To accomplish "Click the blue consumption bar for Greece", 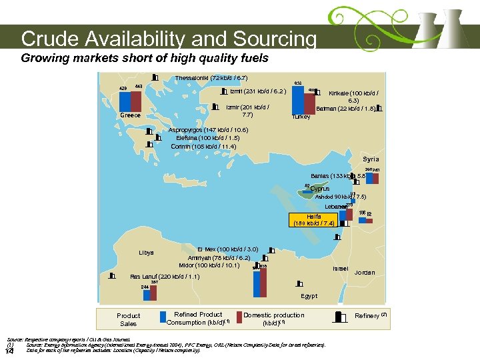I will (x=124, y=101).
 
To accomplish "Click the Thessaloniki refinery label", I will (x=211, y=78).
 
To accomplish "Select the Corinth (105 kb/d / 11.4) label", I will (x=203, y=147).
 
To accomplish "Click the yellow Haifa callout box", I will (x=314, y=221).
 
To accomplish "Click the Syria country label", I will (x=370, y=159).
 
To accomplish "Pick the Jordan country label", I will (x=365, y=273).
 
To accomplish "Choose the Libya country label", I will (x=146, y=253).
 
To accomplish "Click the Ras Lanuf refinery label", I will (x=163, y=276).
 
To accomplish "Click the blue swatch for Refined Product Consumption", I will (x=163, y=317).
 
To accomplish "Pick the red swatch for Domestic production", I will (x=239, y=317).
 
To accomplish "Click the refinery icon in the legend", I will (x=341, y=316).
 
